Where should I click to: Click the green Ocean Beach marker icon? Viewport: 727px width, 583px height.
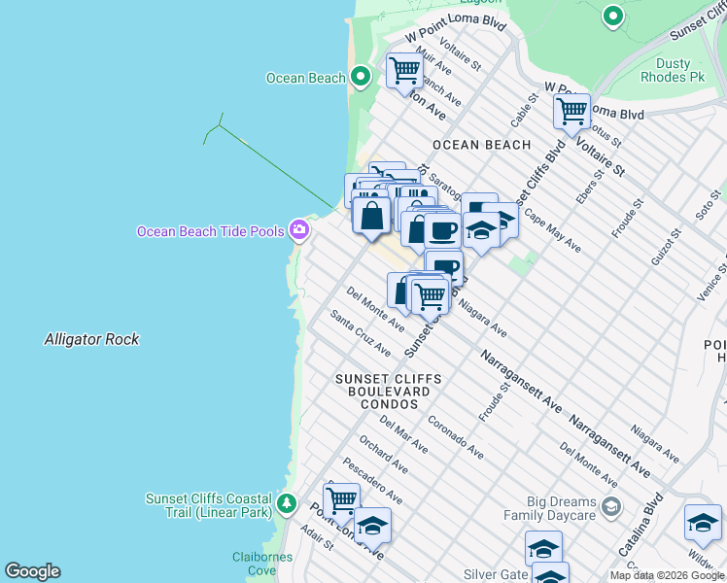click(x=361, y=77)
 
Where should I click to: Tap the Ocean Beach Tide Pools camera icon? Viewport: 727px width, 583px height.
click(x=299, y=230)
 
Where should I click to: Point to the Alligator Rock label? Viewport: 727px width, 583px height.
click(x=91, y=339)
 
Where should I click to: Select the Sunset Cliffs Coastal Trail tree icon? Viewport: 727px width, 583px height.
click(x=286, y=503)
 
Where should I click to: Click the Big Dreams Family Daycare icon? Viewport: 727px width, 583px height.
click(x=610, y=506)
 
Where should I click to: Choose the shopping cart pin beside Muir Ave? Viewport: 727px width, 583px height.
click(x=403, y=70)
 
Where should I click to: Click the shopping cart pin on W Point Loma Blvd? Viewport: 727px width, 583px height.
click(x=571, y=110)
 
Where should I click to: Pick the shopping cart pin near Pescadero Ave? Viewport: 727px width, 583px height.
click(x=341, y=500)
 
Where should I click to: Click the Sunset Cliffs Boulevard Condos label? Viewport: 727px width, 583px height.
click(x=388, y=391)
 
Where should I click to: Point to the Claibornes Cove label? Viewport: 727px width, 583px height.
click(x=256, y=564)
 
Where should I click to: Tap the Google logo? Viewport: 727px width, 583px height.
click(x=32, y=571)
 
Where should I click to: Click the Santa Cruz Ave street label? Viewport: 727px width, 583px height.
click(x=360, y=332)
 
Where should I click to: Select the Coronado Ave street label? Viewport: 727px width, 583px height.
click(x=455, y=439)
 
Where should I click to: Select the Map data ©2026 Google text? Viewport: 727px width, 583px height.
click(x=667, y=575)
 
